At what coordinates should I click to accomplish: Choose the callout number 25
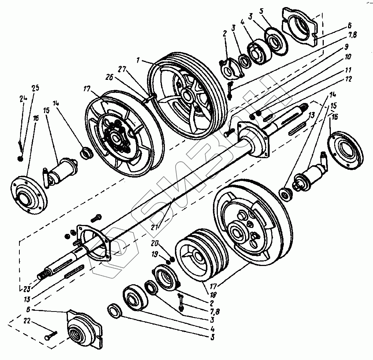(x=35, y=88)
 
